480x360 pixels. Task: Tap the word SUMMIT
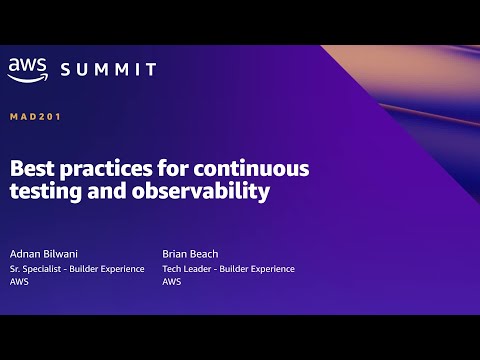(x=108, y=69)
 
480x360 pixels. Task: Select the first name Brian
(x=176, y=253)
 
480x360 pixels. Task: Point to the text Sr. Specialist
(x=35, y=268)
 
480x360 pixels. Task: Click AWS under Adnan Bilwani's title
(x=19, y=282)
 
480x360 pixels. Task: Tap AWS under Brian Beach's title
(x=171, y=282)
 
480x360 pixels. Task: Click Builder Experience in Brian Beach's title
(x=258, y=268)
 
